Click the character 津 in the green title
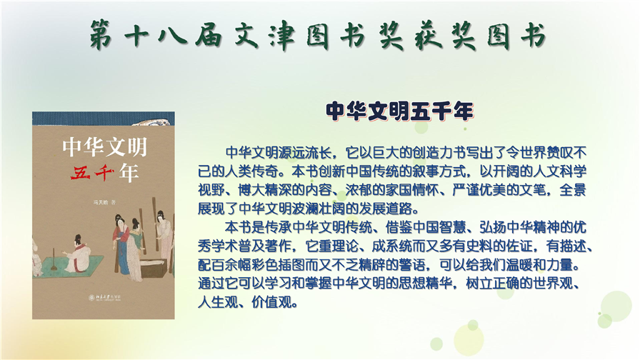pos(282,35)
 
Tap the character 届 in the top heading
pos(209,35)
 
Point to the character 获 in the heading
pos(427,35)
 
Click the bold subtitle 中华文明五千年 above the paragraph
pos(399,111)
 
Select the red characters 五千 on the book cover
pos(93,173)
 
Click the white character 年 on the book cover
pos(129,173)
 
